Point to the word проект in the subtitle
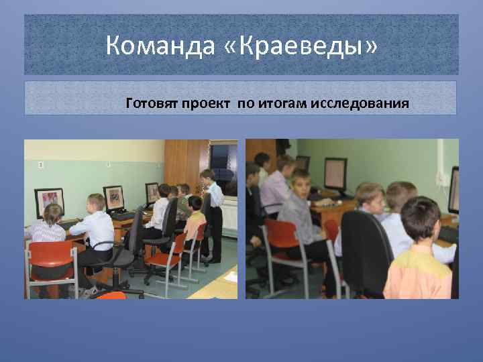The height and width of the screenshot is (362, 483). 206,104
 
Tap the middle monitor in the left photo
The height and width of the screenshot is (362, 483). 113,197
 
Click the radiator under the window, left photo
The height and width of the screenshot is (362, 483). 229,219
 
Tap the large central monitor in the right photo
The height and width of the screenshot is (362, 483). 336,173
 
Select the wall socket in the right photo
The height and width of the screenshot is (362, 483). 443,179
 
